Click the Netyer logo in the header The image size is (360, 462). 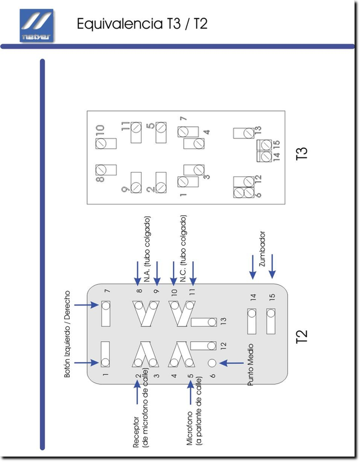[x=37, y=26]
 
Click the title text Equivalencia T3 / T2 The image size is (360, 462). [x=142, y=24]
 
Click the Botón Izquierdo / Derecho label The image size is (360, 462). [x=68, y=333]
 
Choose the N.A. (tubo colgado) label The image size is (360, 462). [x=147, y=249]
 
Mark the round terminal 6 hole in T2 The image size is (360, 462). [x=212, y=363]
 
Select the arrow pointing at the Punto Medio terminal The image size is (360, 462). [x=231, y=363]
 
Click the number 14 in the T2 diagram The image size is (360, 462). [x=253, y=298]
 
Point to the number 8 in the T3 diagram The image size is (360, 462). [x=100, y=179]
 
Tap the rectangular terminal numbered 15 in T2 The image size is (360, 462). [x=270, y=321]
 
